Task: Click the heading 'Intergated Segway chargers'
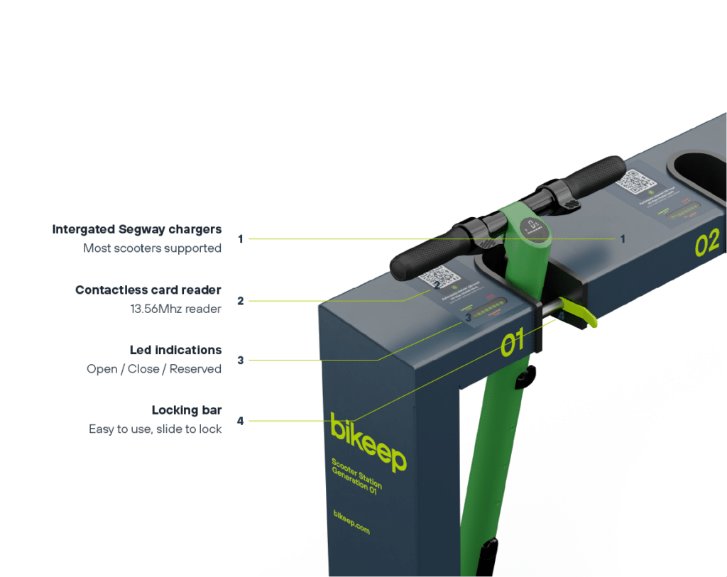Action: click(136, 230)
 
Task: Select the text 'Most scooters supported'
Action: click(152, 248)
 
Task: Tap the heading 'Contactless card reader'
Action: click(148, 290)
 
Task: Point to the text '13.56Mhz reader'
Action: click(175, 309)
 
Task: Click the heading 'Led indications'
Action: click(175, 350)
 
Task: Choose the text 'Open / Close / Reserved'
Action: click(153, 369)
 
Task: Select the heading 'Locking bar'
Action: click(186, 410)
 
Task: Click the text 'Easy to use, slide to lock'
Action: click(155, 429)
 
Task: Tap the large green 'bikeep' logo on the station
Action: click(368, 441)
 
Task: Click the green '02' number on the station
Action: click(707, 242)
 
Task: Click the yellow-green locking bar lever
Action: click(581, 313)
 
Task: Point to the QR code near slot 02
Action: click(632, 181)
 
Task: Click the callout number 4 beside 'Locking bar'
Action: click(240, 421)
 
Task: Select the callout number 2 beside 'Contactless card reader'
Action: click(240, 301)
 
